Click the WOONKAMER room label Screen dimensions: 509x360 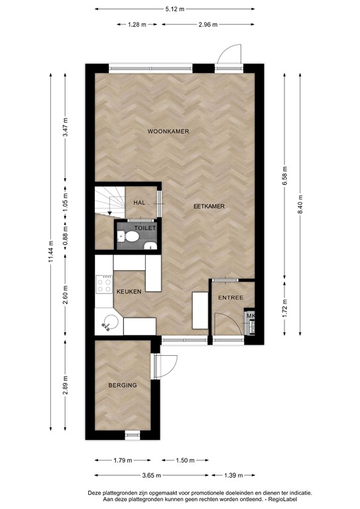[x=168, y=132]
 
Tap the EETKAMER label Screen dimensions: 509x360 [x=208, y=206]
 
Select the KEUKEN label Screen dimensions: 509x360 [x=129, y=292]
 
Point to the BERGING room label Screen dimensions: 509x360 [x=123, y=384]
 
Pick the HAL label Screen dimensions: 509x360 [x=139, y=203]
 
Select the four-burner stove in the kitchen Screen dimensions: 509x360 [x=105, y=286]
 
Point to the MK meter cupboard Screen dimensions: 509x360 [x=251, y=317]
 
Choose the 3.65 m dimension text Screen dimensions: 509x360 [x=152, y=475]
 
